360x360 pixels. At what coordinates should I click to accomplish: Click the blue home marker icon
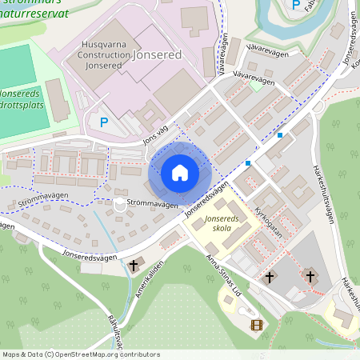click(x=179, y=173)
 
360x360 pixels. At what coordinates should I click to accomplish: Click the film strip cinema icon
click(x=256, y=325)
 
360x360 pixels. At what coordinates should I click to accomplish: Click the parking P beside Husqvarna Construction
click(x=103, y=122)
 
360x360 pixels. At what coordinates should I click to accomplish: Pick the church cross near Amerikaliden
click(x=134, y=264)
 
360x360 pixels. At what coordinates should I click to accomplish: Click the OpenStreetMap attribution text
click(x=80, y=354)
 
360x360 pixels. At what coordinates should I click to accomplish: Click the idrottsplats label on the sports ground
click(x=26, y=105)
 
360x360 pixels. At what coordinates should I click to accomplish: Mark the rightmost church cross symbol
click(x=311, y=276)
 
